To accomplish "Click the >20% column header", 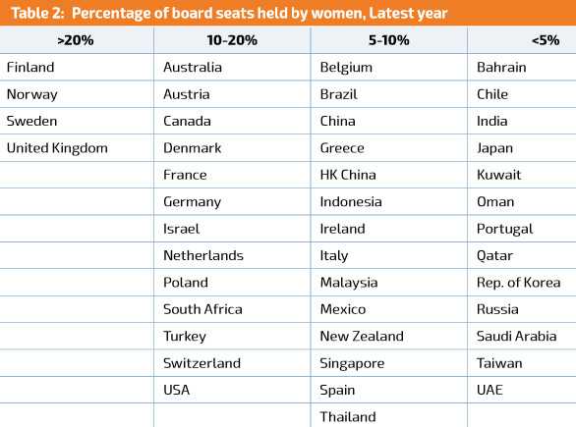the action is coord(76,40).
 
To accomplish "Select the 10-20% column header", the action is coord(232,40).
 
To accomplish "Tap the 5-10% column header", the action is coord(388,40).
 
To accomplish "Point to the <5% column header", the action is coord(546,40).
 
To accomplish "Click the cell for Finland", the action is coord(30,67).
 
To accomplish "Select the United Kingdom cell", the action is coord(57,148).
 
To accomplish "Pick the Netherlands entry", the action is coord(203,255).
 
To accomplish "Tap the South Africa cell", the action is coord(202,309).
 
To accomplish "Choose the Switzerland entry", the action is coord(202,363).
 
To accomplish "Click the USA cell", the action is coord(177,390).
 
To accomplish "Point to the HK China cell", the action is coord(348,175).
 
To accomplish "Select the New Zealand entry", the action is coord(362,336).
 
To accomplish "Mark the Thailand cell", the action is coord(348,417).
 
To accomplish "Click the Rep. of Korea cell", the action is coord(519,283).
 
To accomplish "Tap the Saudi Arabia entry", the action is coord(516,336).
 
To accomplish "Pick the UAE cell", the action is coord(490,390).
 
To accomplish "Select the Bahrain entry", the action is coord(501,67).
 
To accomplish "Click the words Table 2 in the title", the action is coord(37,13).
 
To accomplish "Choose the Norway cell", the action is coord(32,94).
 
